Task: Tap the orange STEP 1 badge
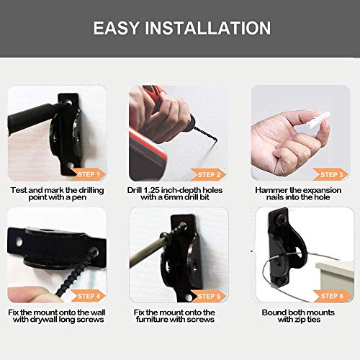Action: (89, 174)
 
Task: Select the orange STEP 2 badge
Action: (210, 174)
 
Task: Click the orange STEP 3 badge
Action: (331, 174)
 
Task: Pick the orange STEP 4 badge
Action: (89, 296)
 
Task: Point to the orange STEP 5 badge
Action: (210, 296)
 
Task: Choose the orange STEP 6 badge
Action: (331, 296)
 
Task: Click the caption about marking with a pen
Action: (58, 194)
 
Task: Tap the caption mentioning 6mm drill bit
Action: (180, 194)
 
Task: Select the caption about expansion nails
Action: (301, 194)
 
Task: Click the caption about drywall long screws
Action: (58, 316)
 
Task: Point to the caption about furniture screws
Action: (180, 316)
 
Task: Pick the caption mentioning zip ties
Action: (301, 316)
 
